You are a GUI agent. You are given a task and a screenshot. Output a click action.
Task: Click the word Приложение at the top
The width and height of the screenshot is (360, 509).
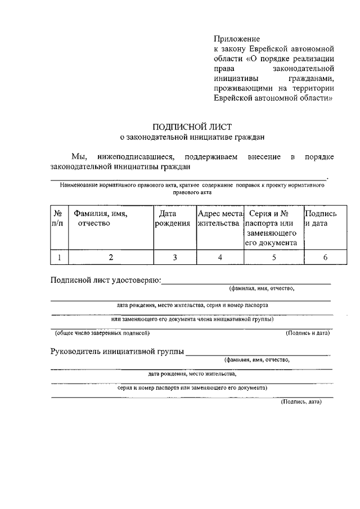(236, 39)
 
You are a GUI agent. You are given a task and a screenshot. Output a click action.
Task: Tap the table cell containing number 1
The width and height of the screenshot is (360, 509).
(58, 257)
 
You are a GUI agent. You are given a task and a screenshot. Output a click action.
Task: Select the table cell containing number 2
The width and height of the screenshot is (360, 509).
(111, 257)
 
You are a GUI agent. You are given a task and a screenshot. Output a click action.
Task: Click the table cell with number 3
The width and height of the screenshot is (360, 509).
(175, 257)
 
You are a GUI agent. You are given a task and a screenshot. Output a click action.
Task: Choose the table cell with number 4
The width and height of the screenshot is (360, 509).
(220, 257)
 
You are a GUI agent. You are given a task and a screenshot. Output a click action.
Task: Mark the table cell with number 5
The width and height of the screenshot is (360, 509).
(274, 257)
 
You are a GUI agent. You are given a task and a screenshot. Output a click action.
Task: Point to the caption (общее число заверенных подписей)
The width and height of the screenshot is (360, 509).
(102, 334)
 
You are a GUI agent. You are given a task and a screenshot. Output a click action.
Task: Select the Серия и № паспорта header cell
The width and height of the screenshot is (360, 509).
(273, 228)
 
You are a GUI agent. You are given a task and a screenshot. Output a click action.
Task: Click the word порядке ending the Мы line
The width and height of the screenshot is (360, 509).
(319, 156)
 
